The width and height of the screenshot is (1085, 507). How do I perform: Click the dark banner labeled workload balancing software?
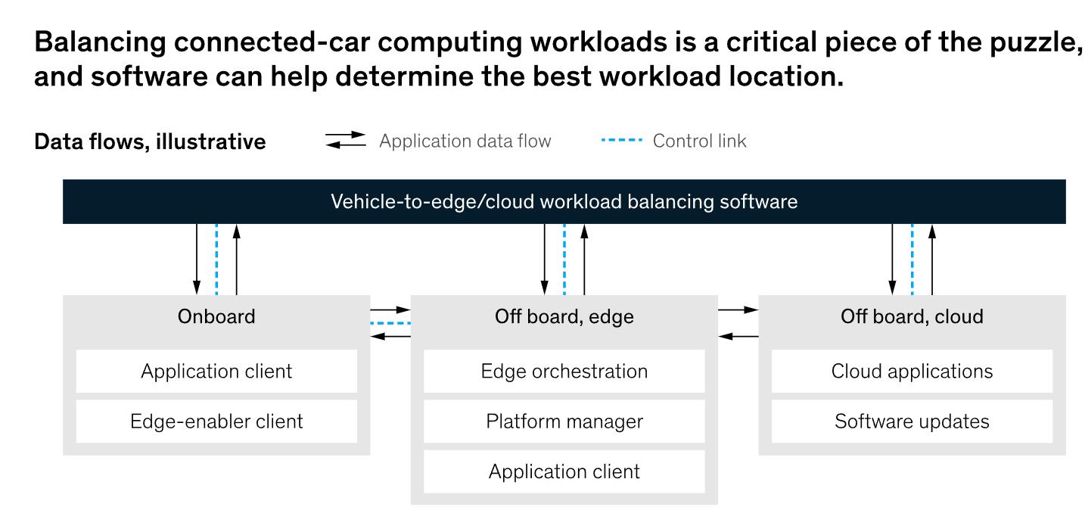tap(564, 202)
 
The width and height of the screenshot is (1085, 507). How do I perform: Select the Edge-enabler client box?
tap(216, 421)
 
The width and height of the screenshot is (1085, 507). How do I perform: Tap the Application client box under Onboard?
tap(216, 372)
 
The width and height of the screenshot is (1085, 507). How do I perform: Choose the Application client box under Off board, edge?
tap(564, 471)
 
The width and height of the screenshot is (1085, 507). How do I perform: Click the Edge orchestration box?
tap(564, 372)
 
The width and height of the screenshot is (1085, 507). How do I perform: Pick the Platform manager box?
tap(564, 421)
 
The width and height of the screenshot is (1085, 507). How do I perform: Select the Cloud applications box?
tap(912, 372)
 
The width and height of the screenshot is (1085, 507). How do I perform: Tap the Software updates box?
tap(912, 421)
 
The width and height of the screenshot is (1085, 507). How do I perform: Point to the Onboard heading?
tap(216, 316)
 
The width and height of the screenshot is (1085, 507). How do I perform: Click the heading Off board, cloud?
tap(912, 316)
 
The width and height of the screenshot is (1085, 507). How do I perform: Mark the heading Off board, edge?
tap(564, 316)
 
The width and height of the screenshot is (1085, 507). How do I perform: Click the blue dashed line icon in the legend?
tap(621, 141)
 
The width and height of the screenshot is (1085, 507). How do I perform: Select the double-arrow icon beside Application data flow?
tap(346, 141)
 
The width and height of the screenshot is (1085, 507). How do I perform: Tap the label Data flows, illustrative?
tap(150, 142)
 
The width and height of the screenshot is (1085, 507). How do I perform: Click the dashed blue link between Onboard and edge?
tap(390, 323)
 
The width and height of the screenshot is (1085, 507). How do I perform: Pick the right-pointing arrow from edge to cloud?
tap(738, 309)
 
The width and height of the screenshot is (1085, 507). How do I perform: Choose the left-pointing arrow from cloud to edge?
tap(738, 336)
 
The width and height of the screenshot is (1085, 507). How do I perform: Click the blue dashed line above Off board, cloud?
tap(912, 259)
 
